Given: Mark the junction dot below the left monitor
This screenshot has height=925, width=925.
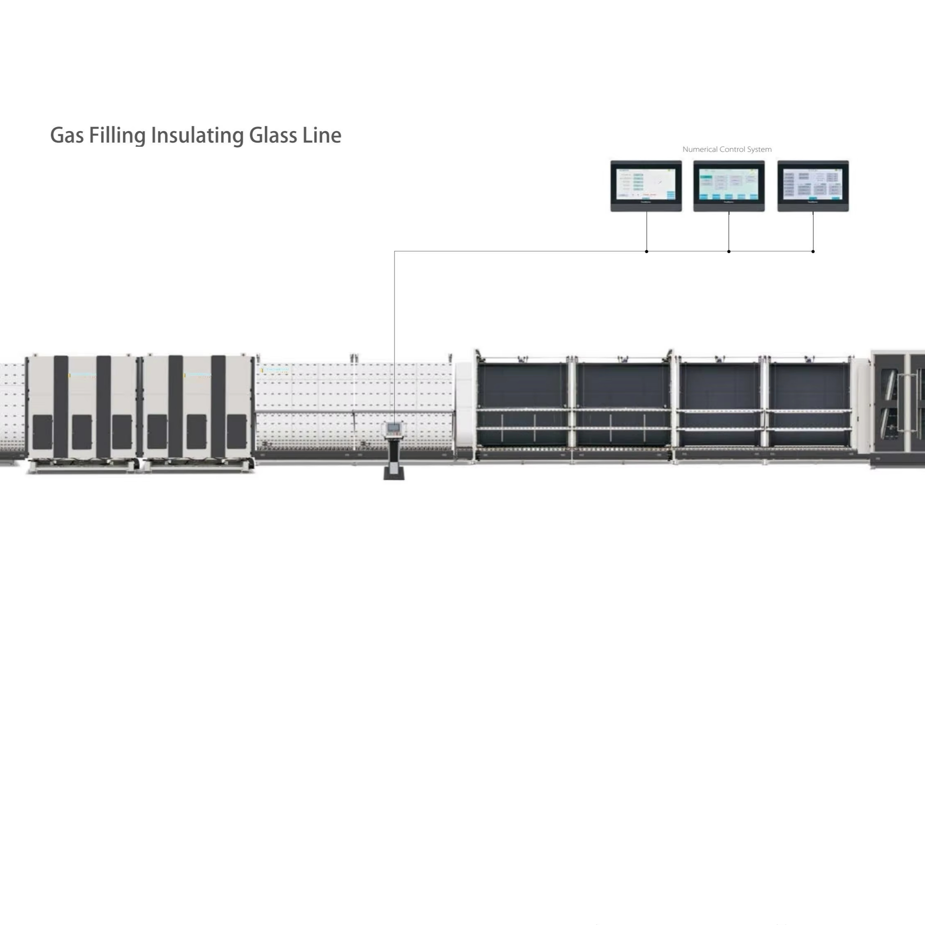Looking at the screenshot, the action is click(646, 251).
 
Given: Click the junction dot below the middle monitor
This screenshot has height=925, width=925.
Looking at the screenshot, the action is click(729, 251).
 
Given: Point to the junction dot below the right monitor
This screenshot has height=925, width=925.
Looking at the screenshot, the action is click(813, 251).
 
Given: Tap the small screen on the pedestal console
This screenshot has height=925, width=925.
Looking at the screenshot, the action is click(393, 427).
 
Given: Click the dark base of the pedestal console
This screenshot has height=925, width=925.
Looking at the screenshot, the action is click(394, 474).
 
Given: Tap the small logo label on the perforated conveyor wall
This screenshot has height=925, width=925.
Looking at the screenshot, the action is click(275, 370).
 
